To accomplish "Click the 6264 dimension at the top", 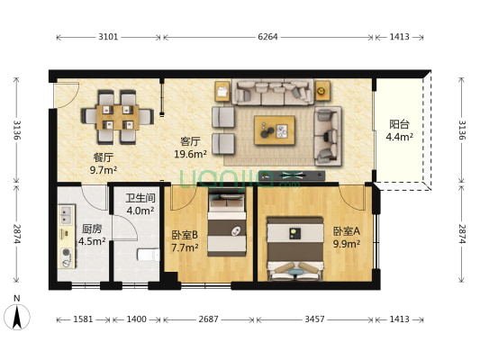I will coord(267,38).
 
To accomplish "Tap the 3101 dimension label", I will coord(108,38).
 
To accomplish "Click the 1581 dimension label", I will coord(80,319).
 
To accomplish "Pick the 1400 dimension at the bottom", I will coord(136,319).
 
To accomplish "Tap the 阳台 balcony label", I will coord(399,131).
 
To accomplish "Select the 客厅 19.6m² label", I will coord(190,147).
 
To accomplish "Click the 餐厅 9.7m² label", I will coord(104,162).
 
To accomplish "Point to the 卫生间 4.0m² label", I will coord(140,204).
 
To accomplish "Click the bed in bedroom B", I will coord(228,230).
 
